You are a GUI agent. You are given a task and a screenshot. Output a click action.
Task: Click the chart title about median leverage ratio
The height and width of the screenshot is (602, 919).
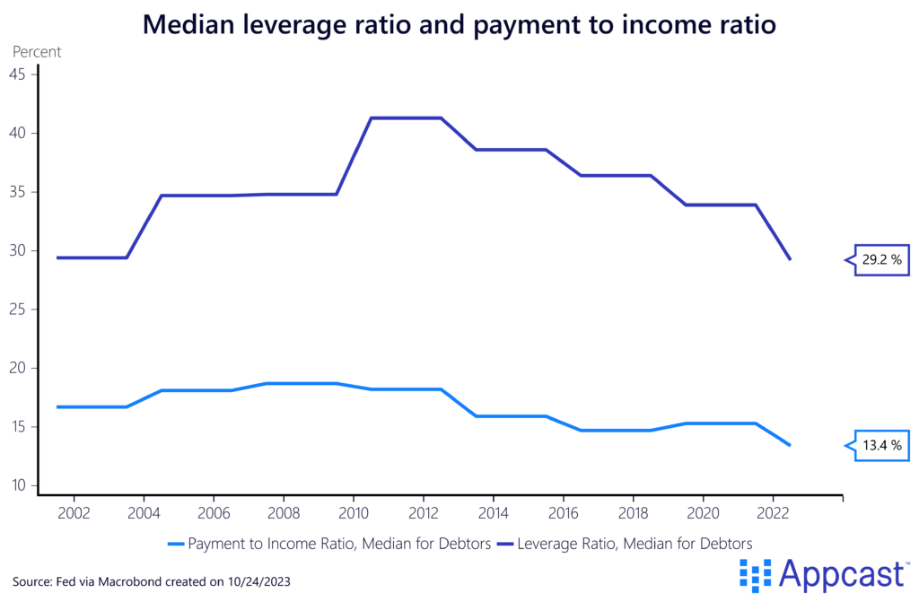459,26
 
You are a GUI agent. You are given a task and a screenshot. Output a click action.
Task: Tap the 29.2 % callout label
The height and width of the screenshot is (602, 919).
882,260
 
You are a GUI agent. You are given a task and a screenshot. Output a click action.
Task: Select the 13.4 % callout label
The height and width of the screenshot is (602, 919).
882,445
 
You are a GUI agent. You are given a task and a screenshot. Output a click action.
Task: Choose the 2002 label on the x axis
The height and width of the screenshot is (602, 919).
73,516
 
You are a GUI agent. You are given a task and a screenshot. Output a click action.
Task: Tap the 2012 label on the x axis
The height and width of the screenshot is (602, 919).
423,516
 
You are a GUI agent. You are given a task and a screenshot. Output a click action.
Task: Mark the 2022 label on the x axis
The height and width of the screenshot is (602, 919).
773,516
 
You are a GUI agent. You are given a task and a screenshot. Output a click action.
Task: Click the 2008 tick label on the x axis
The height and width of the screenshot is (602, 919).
283,516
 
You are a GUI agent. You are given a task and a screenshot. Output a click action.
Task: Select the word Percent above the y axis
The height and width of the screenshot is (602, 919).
37,52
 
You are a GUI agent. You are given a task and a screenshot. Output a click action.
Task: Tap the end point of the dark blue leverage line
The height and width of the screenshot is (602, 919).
790,259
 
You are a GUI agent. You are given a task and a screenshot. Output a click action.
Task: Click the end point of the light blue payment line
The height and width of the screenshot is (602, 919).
790,445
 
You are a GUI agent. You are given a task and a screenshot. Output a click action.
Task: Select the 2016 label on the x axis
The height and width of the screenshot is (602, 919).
563,516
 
